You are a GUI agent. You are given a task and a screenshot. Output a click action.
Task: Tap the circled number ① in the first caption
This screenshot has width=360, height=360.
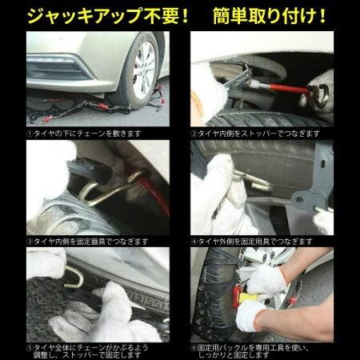coord(30,134)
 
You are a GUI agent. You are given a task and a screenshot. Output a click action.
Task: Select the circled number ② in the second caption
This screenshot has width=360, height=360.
coord(194,134)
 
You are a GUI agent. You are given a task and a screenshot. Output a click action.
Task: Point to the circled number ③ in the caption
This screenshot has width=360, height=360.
coord(30,238)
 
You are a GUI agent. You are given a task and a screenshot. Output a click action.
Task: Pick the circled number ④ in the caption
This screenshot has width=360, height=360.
coord(194,238)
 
